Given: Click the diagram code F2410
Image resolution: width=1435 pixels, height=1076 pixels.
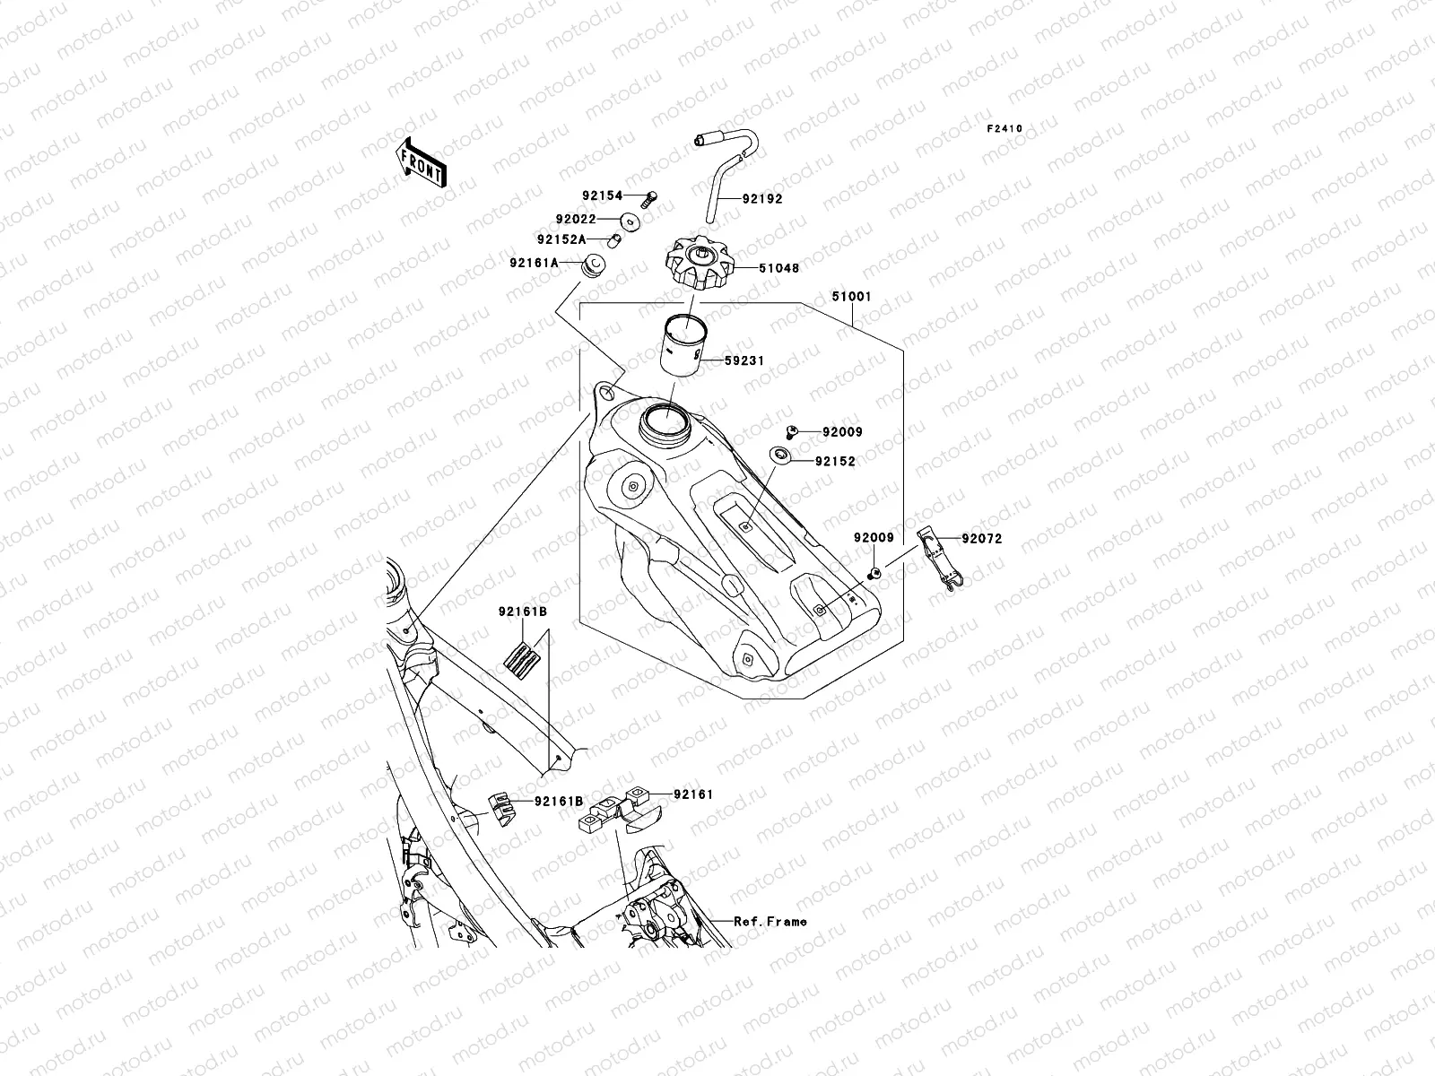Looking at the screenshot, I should point(1004,129).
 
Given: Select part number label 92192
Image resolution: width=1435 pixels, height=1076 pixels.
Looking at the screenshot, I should point(761,199).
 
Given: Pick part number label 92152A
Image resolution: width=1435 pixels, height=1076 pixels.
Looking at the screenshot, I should point(561,240).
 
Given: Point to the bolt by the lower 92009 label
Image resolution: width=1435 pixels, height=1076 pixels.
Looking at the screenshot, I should point(874,572).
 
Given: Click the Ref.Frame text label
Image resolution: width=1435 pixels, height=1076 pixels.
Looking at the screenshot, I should point(770,921).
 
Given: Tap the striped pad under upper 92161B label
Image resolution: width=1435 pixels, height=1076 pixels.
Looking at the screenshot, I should point(523,661).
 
